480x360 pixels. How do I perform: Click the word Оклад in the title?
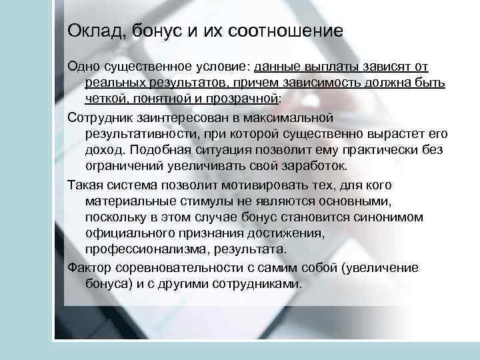(x=90, y=31)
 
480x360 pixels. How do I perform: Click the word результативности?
(x=137, y=133)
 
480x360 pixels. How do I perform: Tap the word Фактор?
(x=87, y=268)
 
